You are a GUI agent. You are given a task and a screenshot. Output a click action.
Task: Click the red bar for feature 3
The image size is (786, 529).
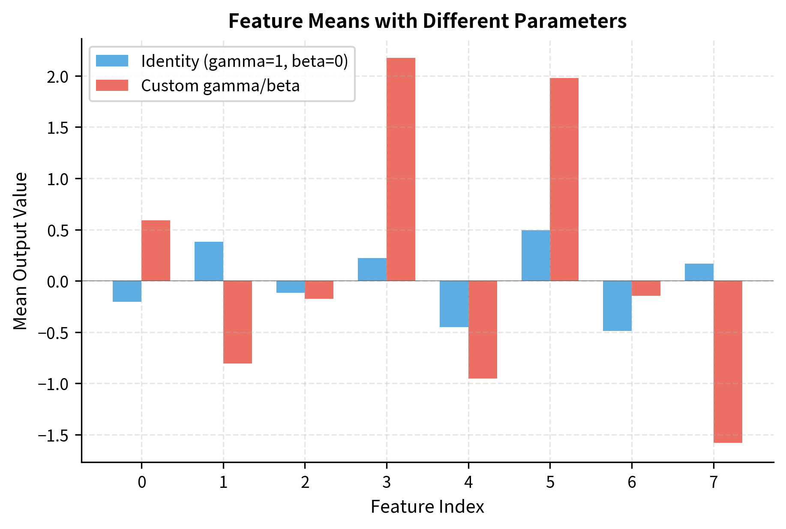(x=401, y=169)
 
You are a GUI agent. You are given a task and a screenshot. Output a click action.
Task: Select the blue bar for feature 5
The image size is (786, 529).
(x=536, y=255)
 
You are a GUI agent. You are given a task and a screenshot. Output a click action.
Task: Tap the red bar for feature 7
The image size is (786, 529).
(x=728, y=361)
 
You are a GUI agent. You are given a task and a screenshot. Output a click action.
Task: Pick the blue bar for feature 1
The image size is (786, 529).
(x=209, y=261)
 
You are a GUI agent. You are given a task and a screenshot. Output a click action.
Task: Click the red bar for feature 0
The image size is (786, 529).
(x=156, y=251)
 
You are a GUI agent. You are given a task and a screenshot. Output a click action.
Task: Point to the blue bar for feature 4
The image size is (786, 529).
(x=454, y=304)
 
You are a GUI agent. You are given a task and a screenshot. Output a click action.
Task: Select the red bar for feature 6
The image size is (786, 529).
(x=646, y=289)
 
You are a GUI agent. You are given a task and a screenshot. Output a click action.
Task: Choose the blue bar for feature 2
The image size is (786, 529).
(x=291, y=287)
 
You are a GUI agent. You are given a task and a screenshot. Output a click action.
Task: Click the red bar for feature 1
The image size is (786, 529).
(x=237, y=322)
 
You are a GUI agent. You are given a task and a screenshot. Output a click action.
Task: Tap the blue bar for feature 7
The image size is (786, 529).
(x=699, y=272)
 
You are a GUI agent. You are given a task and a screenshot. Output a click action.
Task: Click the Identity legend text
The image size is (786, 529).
(x=244, y=61)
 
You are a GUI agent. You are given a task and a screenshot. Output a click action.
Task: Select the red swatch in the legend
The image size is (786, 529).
(x=112, y=85)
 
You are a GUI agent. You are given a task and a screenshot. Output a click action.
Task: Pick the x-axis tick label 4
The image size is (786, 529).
(x=468, y=483)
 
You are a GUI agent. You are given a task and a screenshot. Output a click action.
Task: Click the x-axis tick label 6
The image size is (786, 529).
(x=632, y=483)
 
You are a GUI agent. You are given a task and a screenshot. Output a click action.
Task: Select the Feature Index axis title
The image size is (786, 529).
(x=427, y=507)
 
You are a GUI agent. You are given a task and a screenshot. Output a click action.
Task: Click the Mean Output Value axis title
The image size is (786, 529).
(x=20, y=251)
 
